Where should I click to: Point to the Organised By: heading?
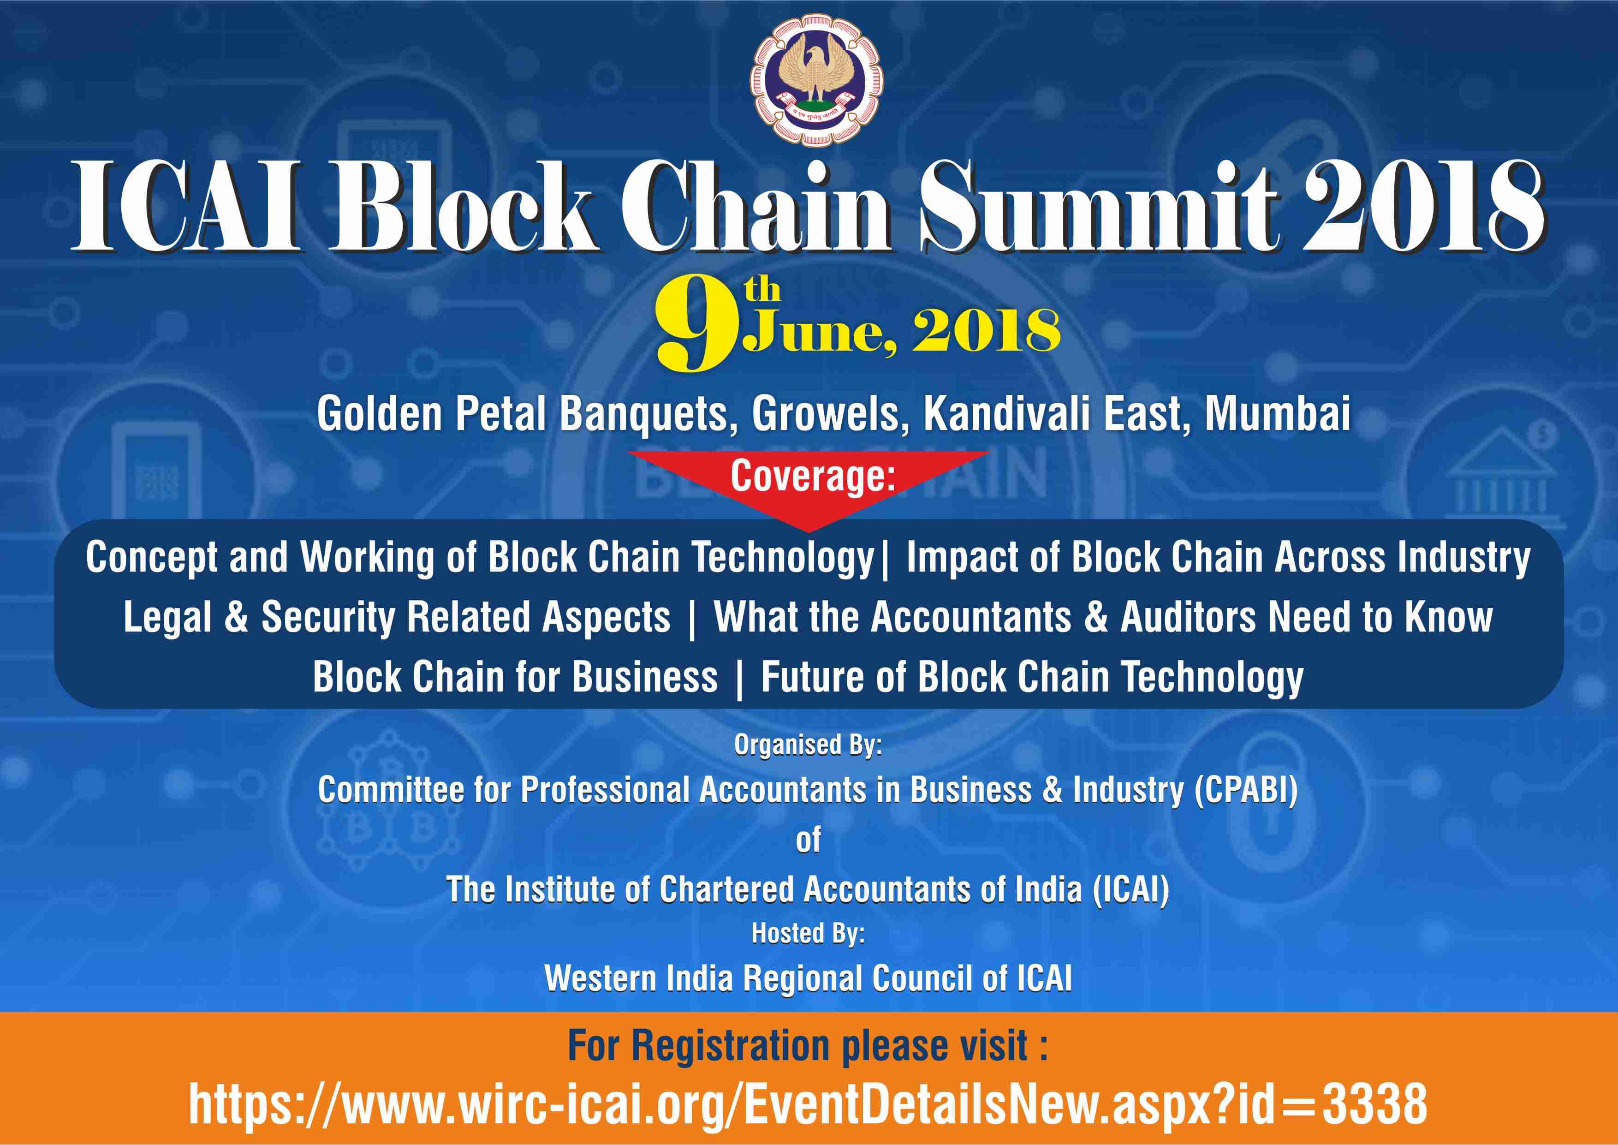click(808, 745)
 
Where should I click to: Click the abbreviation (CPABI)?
click(1246, 790)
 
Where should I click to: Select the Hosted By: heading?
click(808, 934)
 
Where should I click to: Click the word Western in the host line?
click(600, 978)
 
